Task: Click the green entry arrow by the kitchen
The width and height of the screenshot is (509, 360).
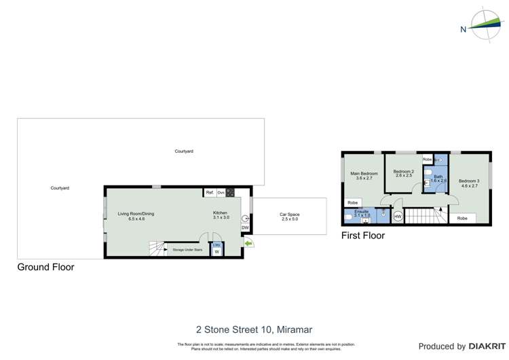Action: pos(248,242)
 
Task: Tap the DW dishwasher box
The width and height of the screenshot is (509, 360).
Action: pos(245,228)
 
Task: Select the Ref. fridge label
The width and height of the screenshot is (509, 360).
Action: pos(210,193)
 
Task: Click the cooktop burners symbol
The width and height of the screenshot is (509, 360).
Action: pos(230,193)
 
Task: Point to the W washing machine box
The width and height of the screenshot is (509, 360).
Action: pos(217,252)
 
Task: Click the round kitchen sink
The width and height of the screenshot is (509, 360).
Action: pos(245,219)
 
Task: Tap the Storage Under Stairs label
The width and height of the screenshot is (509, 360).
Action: pos(188,250)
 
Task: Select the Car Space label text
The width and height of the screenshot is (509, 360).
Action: pos(290,215)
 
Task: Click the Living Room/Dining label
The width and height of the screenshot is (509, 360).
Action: pos(136,214)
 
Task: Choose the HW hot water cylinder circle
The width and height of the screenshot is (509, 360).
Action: pos(398,217)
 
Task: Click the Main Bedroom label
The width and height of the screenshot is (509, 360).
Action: pos(364,174)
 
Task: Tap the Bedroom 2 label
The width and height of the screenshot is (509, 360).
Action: pos(404,171)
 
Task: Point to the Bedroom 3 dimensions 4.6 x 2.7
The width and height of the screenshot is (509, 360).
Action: pos(469,185)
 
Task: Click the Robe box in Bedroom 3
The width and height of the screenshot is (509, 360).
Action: pos(462,218)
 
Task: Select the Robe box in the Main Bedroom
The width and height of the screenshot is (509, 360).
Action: pos(352,202)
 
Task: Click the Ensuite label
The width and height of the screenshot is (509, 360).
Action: pos(361,211)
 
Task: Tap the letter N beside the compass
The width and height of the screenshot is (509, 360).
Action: pos(463,29)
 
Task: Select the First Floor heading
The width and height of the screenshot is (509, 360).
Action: pos(362,236)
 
